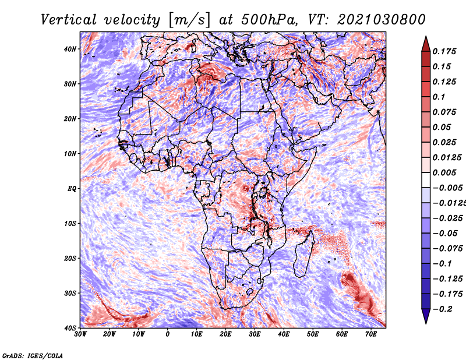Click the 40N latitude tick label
pyautogui.click(x=70, y=49)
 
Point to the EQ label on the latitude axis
pyautogui.click(x=72, y=189)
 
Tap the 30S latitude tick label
pyautogui.click(x=70, y=293)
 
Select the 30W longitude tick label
pyautogui.click(x=80, y=334)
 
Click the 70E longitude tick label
pyautogui.click(x=371, y=334)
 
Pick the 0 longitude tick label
pyautogui.click(x=168, y=334)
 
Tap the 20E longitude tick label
pyautogui.click(x=225, y=334)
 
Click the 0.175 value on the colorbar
pyautogui.click(x=444, y=51)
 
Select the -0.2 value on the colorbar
pyautogui.click(x=442, y=309)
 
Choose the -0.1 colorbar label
pyautogui.click(x=442, y=264)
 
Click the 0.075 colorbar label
pyautogui.click(x=444, y=112)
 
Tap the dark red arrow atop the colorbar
pyautogui.click(x=426, y=44)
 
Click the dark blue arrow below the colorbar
pyautogui.click(x=426, y=316)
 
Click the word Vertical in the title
pyautogui.click(x=68, y=20)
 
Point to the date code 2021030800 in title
pyautogui.click(x=382, y=20)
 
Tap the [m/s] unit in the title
pyautogui.click(x=189, y=20)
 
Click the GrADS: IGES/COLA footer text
pyautogui.click(x=33, y=356)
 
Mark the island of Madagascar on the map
pyautogui.click(x=304, y=254)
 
